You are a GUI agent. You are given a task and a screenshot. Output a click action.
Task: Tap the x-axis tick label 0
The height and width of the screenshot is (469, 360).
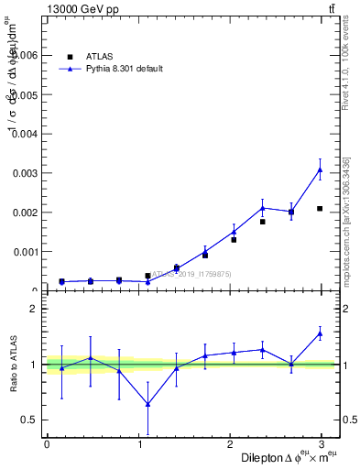tap(47, 444)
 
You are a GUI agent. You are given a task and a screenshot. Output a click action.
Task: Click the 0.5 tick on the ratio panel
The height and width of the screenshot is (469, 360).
tap(29, 420)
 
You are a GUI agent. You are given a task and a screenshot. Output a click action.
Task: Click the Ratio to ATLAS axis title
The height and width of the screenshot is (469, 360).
tap(13, 365)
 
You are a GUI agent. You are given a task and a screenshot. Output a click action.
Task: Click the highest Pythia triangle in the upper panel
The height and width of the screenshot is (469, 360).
tap(320, 169)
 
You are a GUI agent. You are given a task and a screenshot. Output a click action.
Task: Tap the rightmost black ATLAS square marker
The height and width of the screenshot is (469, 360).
tap(320, 209)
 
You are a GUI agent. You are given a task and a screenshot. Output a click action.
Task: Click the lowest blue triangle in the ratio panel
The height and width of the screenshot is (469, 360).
tap(147, 404)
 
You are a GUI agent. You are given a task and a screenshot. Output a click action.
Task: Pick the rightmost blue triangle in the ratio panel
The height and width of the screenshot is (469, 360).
tap(320, 333)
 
